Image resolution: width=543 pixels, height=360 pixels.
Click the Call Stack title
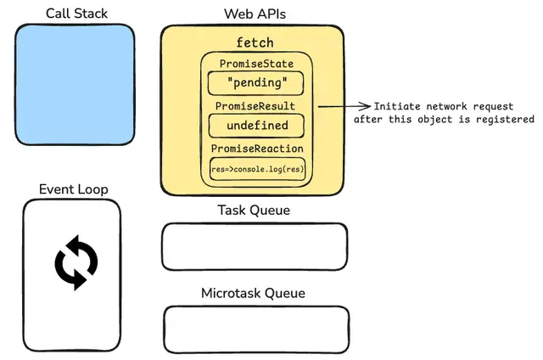(76, 14)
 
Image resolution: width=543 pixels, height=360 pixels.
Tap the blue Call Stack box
(75, 85)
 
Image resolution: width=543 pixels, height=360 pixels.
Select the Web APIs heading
(255, 14)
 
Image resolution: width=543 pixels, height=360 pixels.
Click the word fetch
(255, 42)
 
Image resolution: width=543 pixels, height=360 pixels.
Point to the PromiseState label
(256, 64)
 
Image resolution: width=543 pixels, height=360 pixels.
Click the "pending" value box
(256, 83)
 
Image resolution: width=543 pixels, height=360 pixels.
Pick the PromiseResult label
(255, 106)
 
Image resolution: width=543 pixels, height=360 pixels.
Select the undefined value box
(256, 126)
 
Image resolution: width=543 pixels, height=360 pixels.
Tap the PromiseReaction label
(257, 149)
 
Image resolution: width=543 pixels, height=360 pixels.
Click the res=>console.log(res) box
(258, 169)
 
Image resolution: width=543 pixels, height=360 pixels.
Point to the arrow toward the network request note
(344, 106)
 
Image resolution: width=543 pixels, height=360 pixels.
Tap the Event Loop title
(74, 189)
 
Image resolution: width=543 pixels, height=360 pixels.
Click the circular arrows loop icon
(76, 262)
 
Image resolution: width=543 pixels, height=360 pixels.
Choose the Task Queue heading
(254, 210)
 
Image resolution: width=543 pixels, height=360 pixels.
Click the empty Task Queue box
(255, 247)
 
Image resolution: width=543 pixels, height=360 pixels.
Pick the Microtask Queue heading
(253, 293)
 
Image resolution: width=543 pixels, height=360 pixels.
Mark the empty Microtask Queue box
(256, 329)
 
